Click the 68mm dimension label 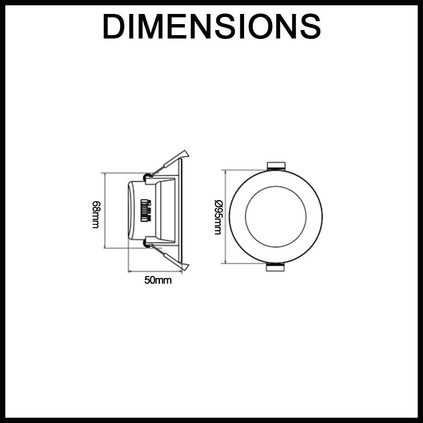[x=96, y=215]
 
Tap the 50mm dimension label [x=158, y=280]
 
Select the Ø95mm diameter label [x=218, y=217]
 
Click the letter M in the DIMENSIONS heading [x=149, y=27]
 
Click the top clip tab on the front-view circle [x=276, y=166]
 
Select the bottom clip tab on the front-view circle [x=275, y=267]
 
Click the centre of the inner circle [x=276, y=217]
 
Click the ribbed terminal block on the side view [x=146, y=211]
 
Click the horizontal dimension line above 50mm [x=155, y=272]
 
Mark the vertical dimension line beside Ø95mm [x=225, y=217]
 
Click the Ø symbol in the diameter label [x=218, y=203]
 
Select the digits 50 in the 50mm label [x=150, y=280]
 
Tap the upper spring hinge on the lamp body [x=148, y=176]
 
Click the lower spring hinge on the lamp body [x=148, y=242]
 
